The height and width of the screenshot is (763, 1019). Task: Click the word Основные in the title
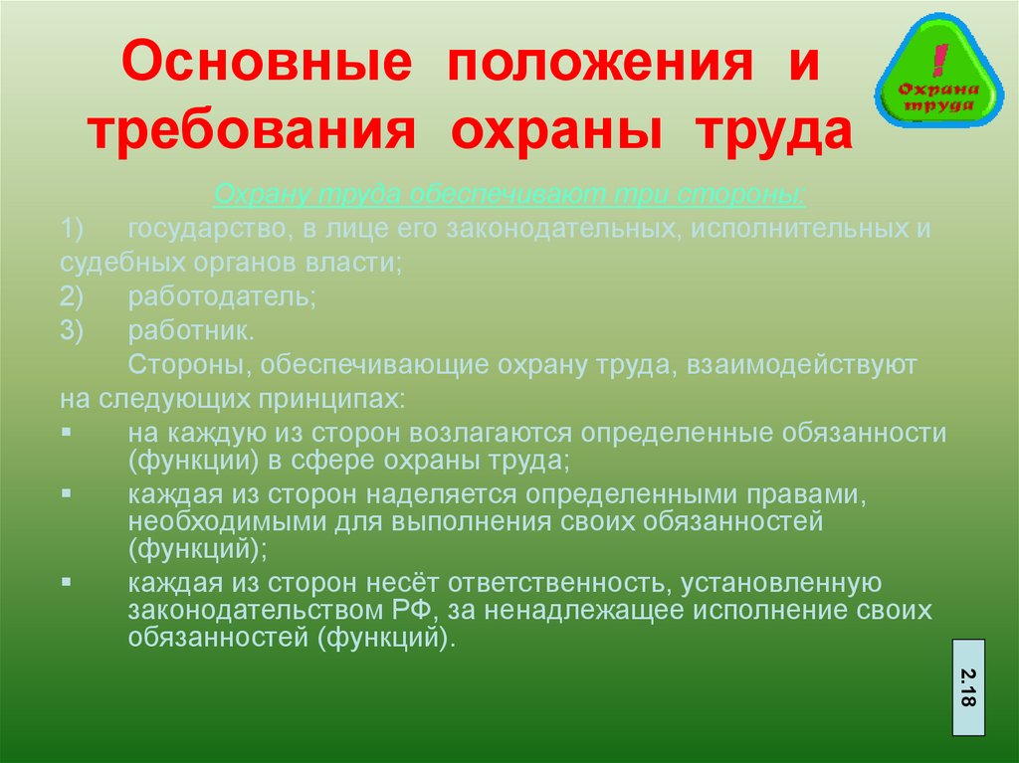pyautogui.click(x=267, y=61)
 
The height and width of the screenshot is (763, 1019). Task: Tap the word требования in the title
pyautogui.click(x=251, y=132)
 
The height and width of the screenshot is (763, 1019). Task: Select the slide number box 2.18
pyautogui.click(x=968, y=687)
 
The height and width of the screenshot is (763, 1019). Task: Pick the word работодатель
pyautogui.click(x=222, y=297)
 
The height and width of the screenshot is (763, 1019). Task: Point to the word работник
pyautogui.click(x=191, y=331)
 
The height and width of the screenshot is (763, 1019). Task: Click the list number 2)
pyautogui.click(x=72, y=297)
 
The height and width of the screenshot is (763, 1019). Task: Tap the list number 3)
pyautogui.click(x=72, y=331)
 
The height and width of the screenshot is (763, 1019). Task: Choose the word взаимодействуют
pyautogui.click(x=801, y=365)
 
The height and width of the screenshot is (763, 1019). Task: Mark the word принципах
pyautogui.click(x=332, y=399)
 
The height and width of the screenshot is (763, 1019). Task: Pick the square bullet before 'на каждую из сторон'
pyautogui.click(x=67, y=432)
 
